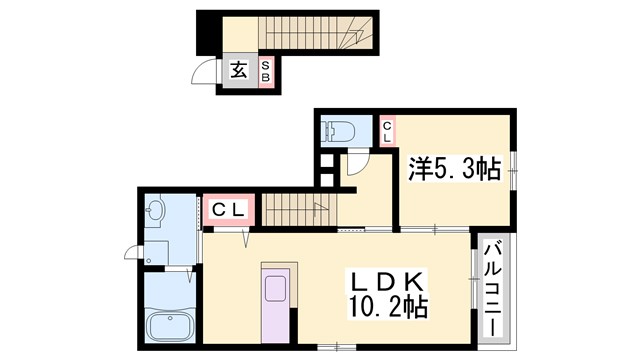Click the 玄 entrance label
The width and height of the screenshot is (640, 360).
click(240, 70)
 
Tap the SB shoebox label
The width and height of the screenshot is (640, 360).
click(266, 71)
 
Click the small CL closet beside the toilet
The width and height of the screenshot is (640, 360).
click(387, 131)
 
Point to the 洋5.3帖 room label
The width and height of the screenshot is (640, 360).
click(453, 169)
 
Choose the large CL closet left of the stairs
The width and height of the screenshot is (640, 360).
click(230, 210)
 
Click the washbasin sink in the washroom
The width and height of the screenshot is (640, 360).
click(155, 211)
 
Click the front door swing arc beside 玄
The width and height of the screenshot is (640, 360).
click(205, 75)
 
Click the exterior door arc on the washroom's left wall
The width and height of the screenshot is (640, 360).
click(131, 252)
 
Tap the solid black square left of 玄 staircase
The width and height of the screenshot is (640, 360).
click(206, 31)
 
